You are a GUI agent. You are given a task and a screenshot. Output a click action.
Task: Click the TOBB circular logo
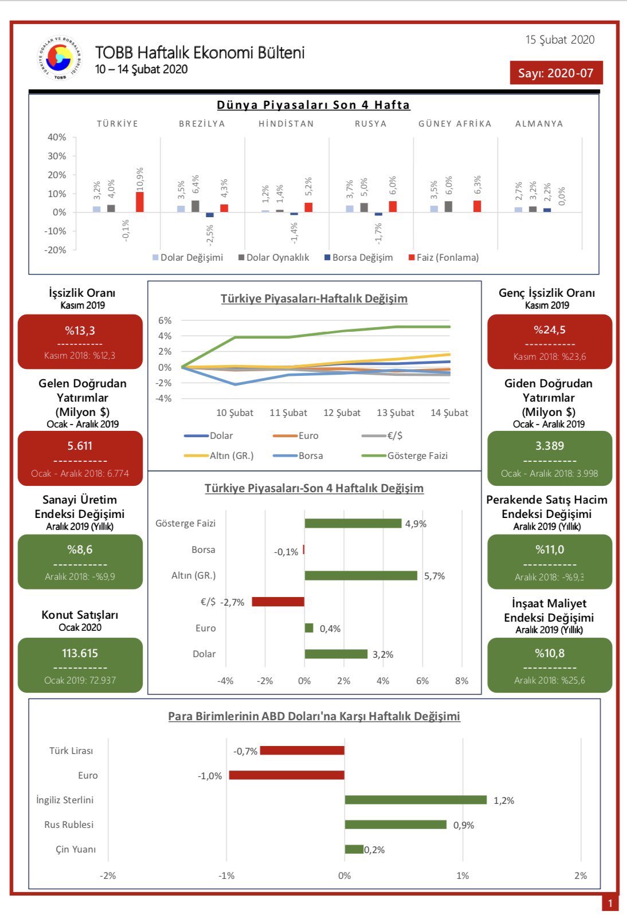[x=60, y=58]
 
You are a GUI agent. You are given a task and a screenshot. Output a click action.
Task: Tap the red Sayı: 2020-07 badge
[x=556, y=73]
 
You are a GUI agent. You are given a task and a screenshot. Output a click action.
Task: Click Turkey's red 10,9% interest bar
[x=140, y=202]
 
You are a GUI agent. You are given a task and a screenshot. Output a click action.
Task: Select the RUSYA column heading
[x=371, y=124]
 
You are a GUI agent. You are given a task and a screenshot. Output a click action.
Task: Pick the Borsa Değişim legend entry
[x=358, y=257]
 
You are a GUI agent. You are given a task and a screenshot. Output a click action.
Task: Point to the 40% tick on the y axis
[x=57, y=138]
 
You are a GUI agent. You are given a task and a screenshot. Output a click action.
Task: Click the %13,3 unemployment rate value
[x=80, y=330]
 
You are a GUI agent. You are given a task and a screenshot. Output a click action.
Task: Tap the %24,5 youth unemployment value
[x=549, y=329]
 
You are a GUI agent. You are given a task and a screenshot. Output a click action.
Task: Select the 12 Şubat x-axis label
[x=342, y=413]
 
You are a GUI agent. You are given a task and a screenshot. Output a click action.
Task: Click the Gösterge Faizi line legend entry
[x=405, y=455]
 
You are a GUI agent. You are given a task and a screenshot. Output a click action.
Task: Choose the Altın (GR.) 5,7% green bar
[x=361, y=576]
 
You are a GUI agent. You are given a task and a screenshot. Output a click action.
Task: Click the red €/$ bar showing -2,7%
[x=278, y=601]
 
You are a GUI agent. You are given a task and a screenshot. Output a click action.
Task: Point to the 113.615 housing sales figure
[x=80, y=653]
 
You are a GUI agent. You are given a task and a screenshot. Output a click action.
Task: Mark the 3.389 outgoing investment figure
[x=550, y=446]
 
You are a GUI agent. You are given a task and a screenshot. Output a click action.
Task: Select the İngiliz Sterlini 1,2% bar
[x=416, y=800]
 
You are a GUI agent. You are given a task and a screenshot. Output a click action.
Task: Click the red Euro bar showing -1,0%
[x=287, y=775]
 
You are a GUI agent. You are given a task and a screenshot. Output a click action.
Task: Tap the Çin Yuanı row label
[x=76, y=849]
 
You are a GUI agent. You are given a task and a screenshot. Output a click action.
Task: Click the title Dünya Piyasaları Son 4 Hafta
[x=313, y=105]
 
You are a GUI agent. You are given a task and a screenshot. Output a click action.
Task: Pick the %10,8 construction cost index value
[x=550, y=653]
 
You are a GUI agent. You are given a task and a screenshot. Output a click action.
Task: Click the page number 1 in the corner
[x=610, y=903]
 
